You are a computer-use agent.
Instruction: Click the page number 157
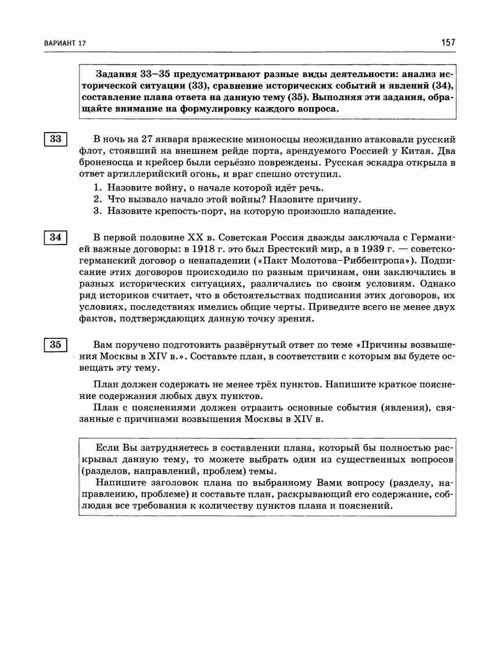click(x=448, y=42)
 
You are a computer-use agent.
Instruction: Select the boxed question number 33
click(x=55, y=139)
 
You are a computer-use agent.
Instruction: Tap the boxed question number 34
click(x=55, y=237)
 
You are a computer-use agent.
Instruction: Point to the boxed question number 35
click(x=55, y=345)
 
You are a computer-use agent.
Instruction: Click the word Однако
click(x=437, y=283)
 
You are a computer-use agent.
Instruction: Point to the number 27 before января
click(x=146, y=140)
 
